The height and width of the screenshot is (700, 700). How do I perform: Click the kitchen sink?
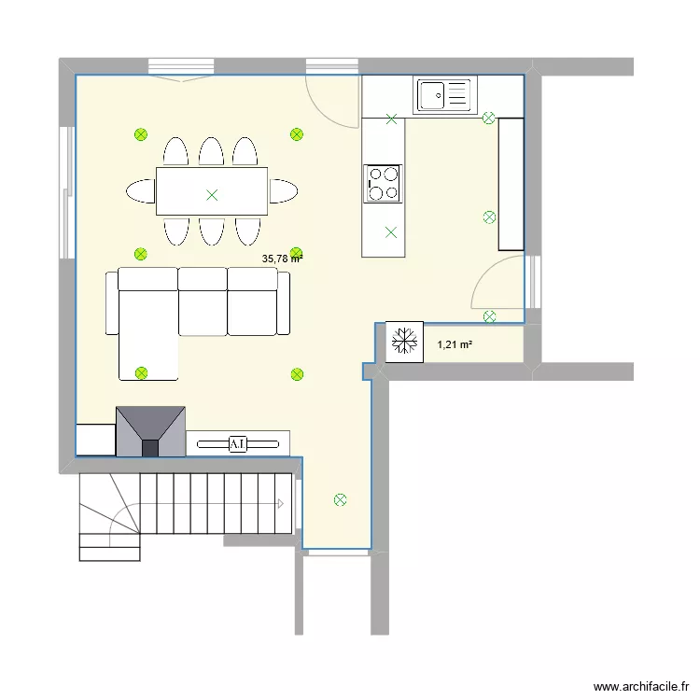point(443,95)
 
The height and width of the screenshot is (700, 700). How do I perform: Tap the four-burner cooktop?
point(383,183)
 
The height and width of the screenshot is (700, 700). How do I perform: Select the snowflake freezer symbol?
point(404,342)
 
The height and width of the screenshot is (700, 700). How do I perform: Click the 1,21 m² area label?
point(455,345)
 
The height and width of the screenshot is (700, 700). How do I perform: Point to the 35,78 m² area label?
point(282,259)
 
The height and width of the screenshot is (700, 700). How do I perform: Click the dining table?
point(212,191)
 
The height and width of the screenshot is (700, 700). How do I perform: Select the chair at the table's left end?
point(142,191)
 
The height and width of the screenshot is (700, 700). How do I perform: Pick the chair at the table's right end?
point(283,191)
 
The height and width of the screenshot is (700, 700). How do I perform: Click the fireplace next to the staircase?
point(150,430)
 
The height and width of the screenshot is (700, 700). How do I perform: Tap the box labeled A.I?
point(238,443)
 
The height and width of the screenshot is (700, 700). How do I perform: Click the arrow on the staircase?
point(279,503)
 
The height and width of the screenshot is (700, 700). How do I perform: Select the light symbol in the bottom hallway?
point(340,499)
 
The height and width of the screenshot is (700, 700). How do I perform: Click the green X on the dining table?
point(212,195)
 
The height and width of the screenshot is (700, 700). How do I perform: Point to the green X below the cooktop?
point(391,232)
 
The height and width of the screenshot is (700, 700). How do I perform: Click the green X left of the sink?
point(391,119)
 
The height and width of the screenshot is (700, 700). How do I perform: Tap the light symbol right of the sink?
point(487,119)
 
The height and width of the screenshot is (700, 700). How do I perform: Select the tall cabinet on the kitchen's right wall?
point(511,184)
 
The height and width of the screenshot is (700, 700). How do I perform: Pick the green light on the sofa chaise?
point(142,373)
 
